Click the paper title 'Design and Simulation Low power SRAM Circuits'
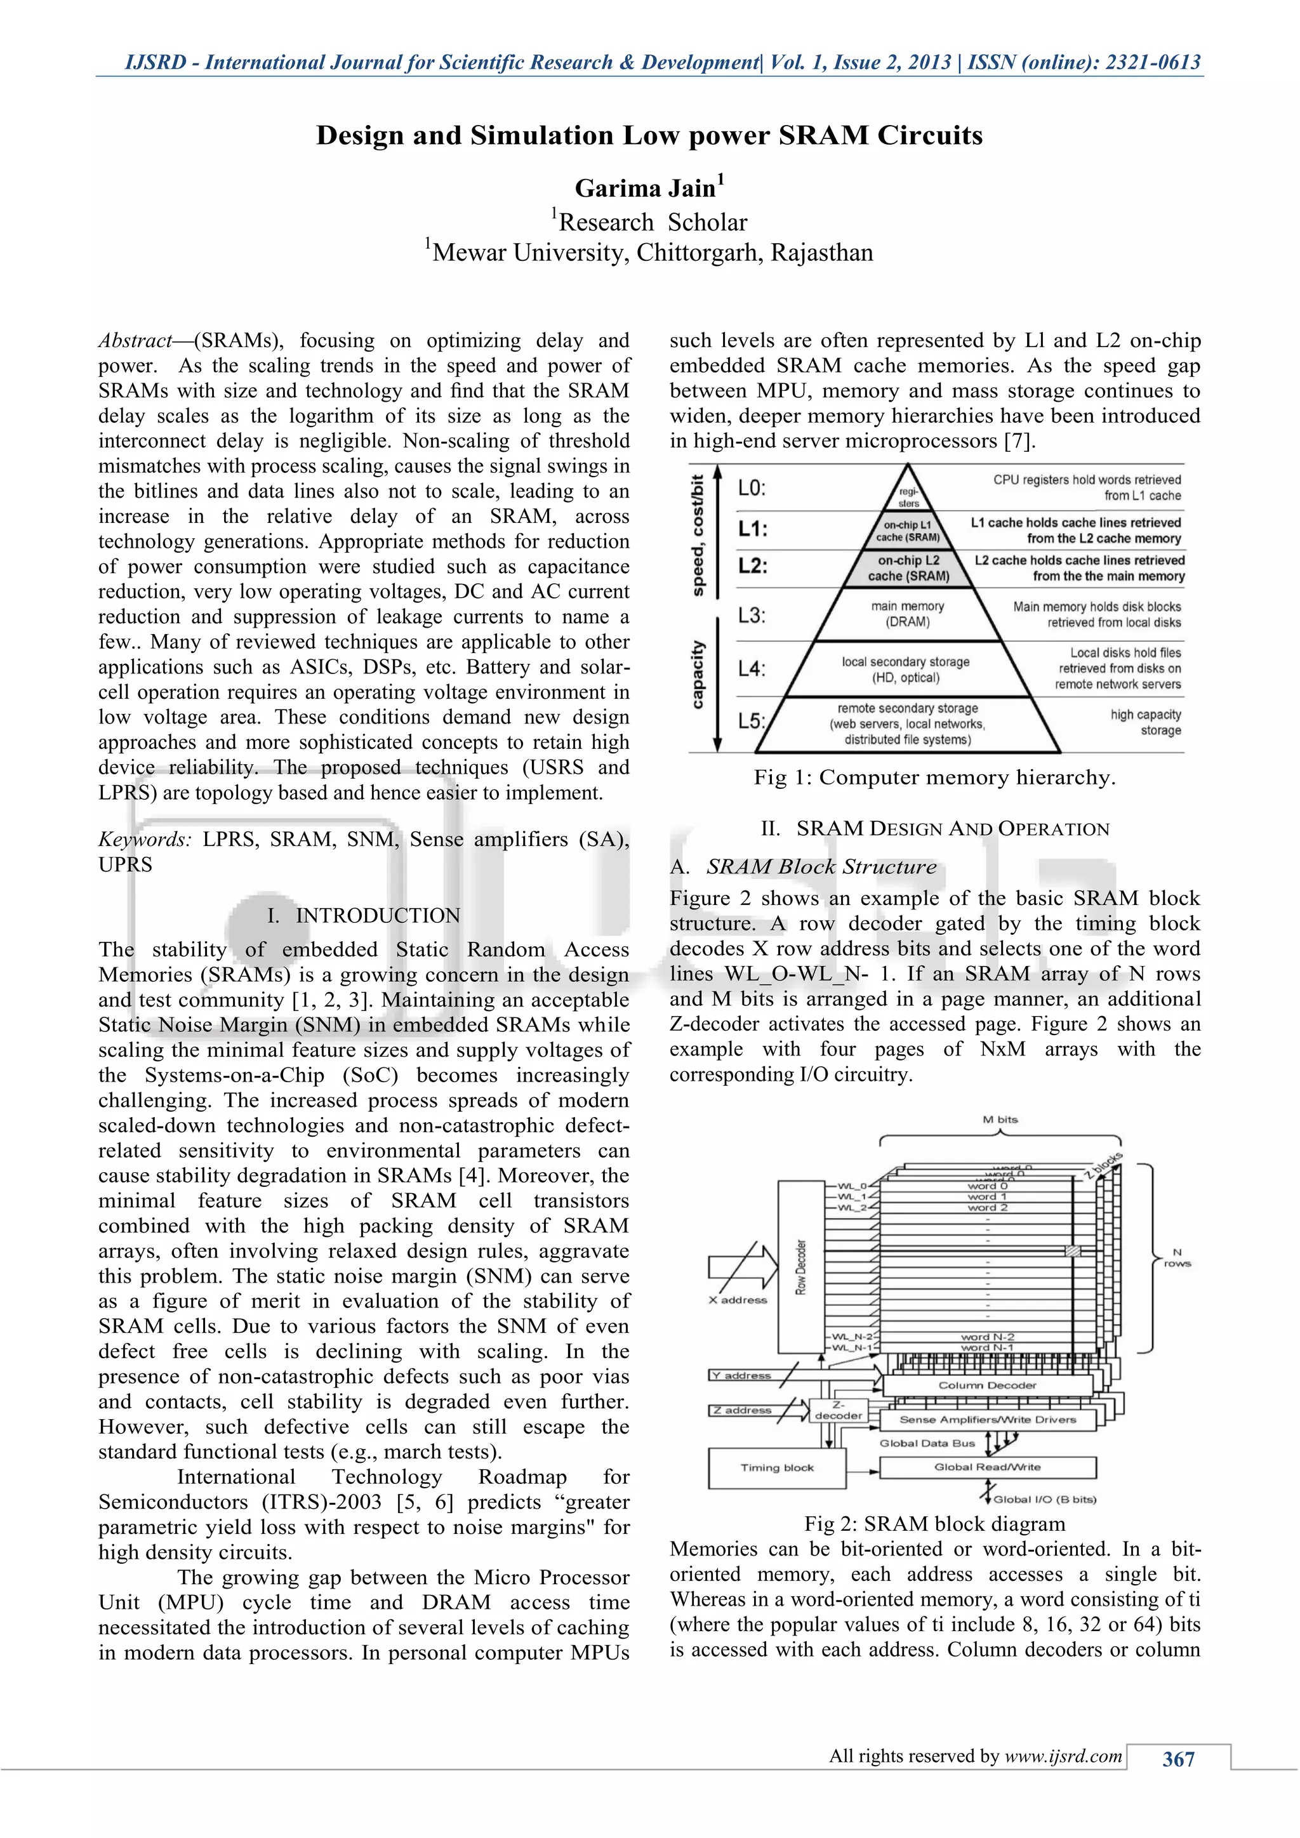click(649, 135)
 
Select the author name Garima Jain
click(645, 188)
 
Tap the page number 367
click(1177, 1758)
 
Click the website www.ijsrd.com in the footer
click(1063, 1755)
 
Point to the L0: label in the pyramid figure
click(752, 487)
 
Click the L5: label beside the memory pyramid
click(752, 720)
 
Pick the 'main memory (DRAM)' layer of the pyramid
click(908, 614)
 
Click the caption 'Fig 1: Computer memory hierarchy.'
click(934, 777)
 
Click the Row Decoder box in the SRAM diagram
click(801, 1266)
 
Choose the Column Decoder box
click(987, 1385)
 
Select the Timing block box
click(776, 1467)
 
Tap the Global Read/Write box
click(987, 1467)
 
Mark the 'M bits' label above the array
click(1000, 1119)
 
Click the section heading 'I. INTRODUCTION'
click(364, 915)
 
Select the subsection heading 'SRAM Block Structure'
click(821, 866)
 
